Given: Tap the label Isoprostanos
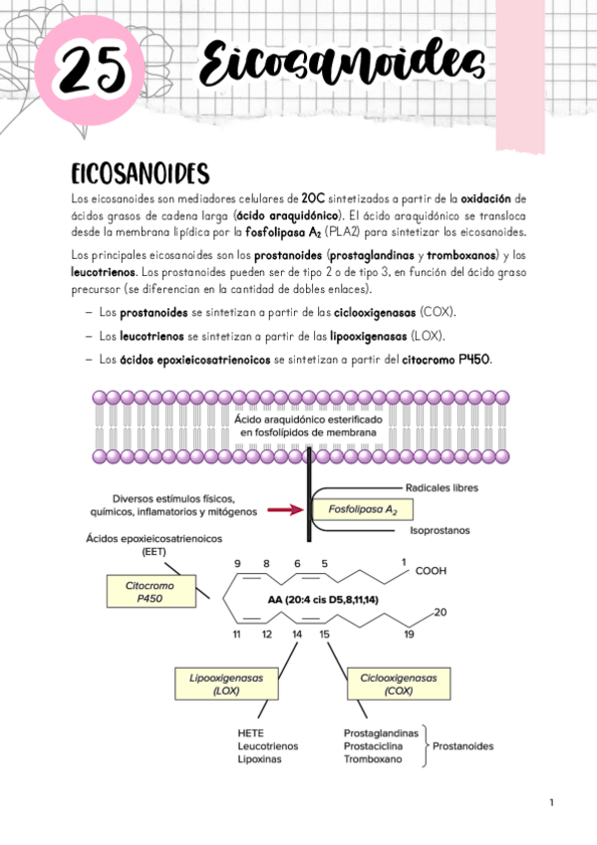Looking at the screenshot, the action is (x=439, y=531).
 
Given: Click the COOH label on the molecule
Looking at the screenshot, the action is (x=432, y=572).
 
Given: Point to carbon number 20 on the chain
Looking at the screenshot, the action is (x=441, y=612).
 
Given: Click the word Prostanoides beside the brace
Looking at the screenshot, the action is (x=463, y=745).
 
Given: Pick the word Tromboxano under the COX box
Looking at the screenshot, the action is (x=373, y=759).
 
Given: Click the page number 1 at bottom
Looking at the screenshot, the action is (x=550, y=802).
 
